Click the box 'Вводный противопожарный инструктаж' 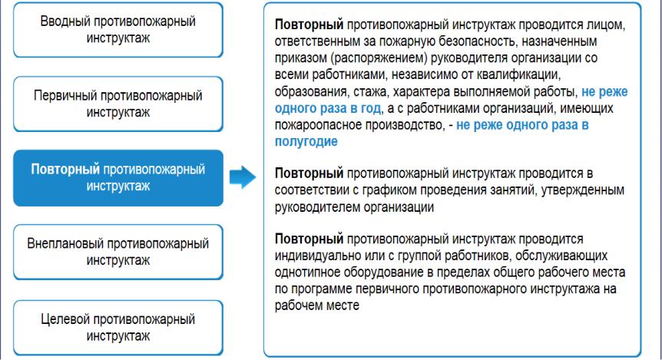point(118,29)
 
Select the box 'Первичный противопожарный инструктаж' point(118,104)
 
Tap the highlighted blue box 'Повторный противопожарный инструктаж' point(118,177)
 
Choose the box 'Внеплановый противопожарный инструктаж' point(118,252)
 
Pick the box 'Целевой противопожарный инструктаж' point(118,328)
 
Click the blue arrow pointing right point(243,177)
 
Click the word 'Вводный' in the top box point(65,21)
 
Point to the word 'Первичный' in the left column point(65,96)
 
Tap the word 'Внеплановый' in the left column point(65,243)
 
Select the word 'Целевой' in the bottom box point(65,319)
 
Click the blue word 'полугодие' point(306,141)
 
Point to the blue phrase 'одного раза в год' point(328,108)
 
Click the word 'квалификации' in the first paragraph point(518,75)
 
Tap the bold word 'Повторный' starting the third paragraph point(309,239)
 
